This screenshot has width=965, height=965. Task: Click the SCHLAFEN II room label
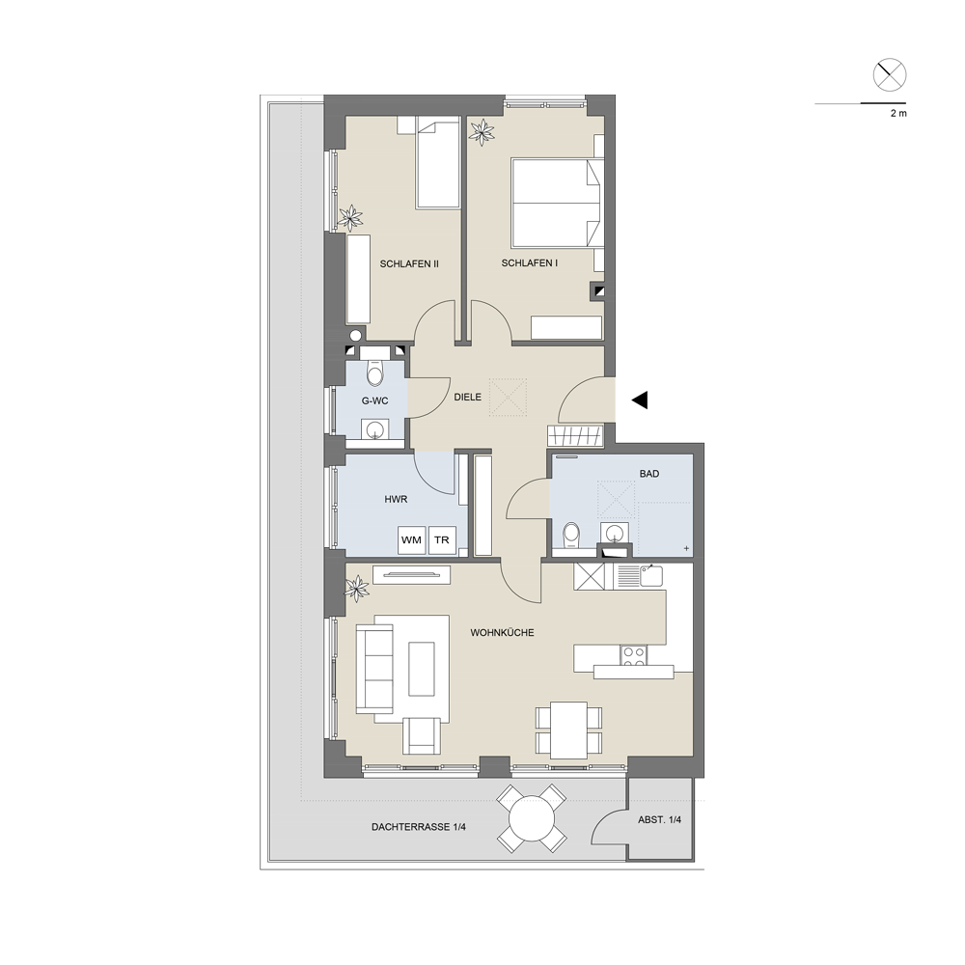409,264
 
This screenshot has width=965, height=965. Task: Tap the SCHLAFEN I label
529,262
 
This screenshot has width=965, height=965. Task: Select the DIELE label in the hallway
467,397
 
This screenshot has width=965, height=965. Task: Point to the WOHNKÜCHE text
502,633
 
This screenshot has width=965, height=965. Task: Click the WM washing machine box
411,539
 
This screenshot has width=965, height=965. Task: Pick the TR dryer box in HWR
442,539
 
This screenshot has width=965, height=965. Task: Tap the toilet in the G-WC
374,372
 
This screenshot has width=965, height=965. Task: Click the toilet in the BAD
570,535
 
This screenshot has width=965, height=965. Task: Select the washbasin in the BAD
614,533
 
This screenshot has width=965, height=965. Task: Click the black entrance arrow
640,400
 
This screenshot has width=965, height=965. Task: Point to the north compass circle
890,75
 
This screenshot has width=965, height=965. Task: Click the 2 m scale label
898,113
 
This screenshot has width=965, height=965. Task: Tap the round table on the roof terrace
531,818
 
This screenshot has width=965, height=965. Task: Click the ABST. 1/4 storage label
660,819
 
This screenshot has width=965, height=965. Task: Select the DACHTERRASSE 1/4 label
419,827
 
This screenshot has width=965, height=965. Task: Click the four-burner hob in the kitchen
634,655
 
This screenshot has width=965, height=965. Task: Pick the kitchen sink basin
651,576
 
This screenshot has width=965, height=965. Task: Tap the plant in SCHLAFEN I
482,131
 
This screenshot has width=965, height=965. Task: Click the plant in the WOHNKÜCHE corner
356,589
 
